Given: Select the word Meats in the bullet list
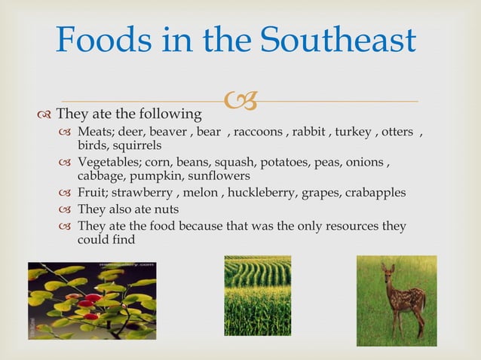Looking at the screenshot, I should [x=94, y=133].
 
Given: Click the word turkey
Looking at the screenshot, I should [x=353, y=133].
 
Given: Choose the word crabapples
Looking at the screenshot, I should [x=375, y=193].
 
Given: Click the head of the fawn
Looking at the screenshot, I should [x=389, y=273].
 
